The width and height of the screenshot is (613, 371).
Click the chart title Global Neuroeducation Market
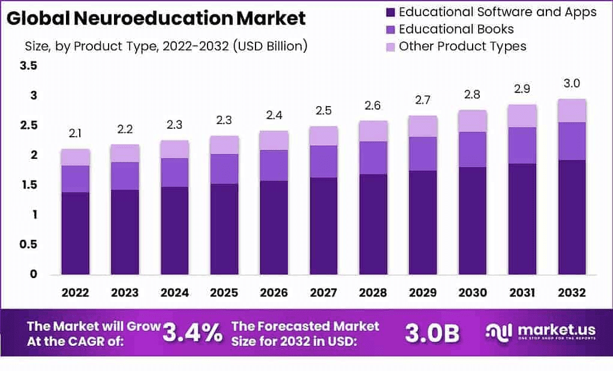pyautogui.click(x=156, y=18)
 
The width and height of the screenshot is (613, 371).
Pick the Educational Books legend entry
pyautogui.click(x=456, y=29)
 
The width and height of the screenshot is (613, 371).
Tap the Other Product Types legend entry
pyautogui.click(x=462, y=46)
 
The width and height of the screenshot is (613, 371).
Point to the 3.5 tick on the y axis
pyautogui.click(x=29, y=66)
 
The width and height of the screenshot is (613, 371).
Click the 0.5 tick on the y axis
pyautogui.click(x=29, y=245)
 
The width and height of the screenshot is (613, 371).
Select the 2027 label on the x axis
pyautogui.click(x=323, y=293)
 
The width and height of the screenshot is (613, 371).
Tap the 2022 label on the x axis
pyautogui.click(x=75, y=293)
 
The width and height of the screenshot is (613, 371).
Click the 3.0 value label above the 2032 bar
pyautogui.click(x=572, y=83)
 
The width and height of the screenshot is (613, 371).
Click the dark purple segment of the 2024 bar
pyautogui.click(x=174, y=230)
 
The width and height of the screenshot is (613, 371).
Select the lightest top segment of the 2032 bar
pyautogui.click(x=572, y=111)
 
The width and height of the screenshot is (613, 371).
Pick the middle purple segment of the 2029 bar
pyautogui.click(x=423, y=154)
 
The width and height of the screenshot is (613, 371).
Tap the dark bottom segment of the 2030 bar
pyautogui.click(x=472, y=221)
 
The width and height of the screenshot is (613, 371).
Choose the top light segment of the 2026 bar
pyautogui.click(x=274, y=140)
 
